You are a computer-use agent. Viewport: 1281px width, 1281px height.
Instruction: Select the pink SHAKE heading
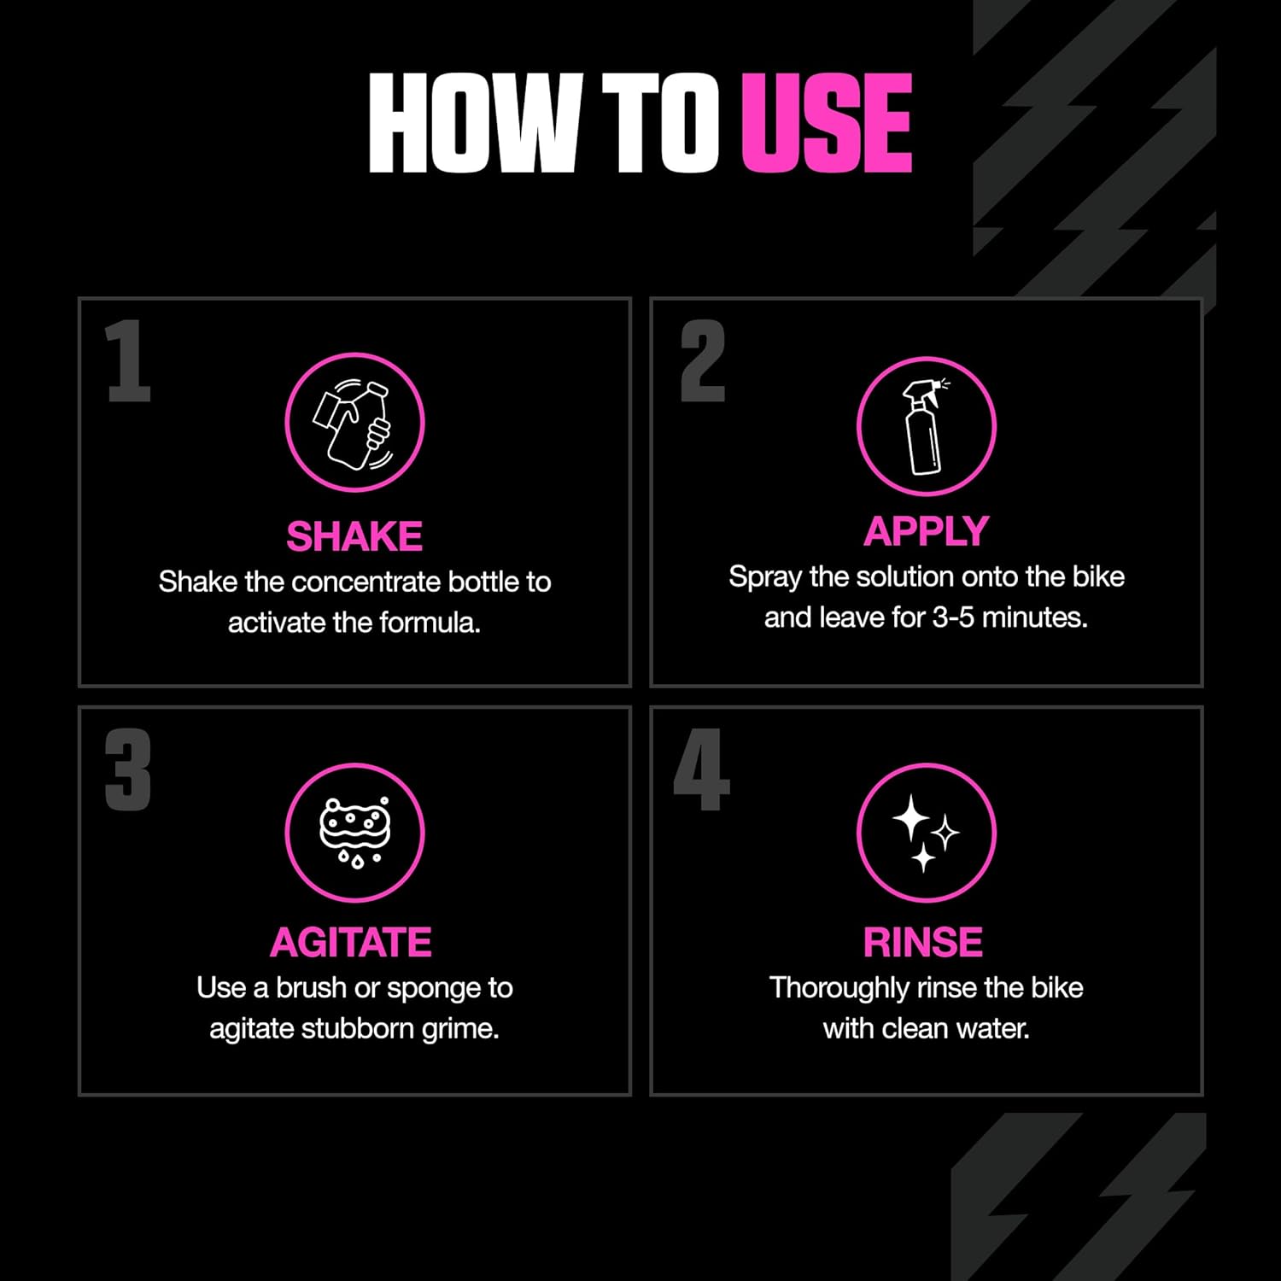point(354,536)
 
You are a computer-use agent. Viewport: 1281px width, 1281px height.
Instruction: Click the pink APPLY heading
point(927,532)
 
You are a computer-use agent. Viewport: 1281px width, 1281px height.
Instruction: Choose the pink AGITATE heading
point(351,943)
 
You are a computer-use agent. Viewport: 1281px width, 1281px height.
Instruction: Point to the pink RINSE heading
point(923,943)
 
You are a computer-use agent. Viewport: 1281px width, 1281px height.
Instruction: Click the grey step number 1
point(128,360)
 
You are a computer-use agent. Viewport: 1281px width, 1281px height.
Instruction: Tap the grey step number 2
point(703,360)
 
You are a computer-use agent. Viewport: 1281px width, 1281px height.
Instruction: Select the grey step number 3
point(128,769)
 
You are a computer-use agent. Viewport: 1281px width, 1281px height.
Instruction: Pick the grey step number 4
point(702,769)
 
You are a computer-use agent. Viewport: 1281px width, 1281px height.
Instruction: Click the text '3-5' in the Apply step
point(953,617)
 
